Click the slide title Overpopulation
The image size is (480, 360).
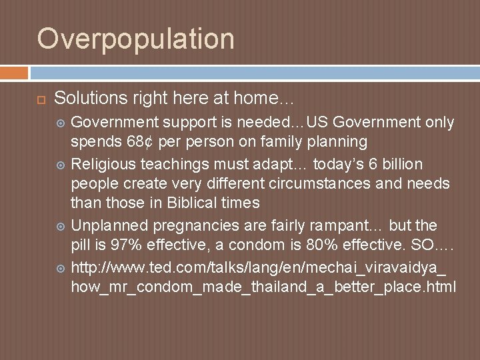coord(136,39)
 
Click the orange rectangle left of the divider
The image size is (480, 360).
coord(14,72)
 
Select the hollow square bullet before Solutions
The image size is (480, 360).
coord(40,99)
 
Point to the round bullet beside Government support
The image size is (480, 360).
coord(61,123)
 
